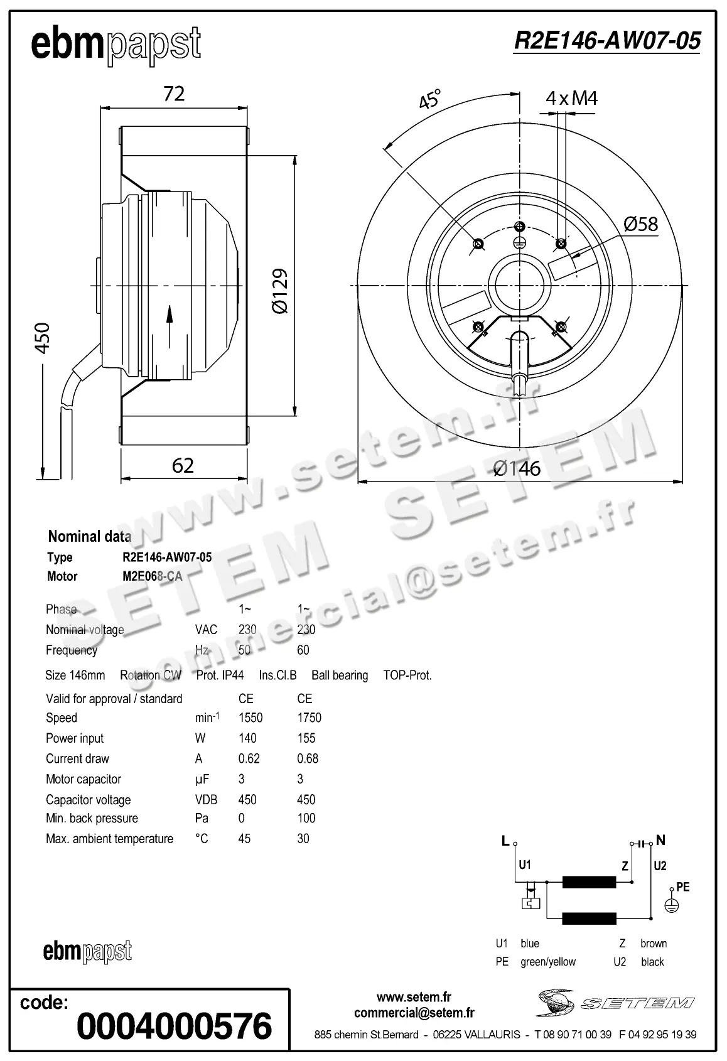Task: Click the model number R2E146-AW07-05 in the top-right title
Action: point(606,41)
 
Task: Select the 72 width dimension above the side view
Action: point(174,94)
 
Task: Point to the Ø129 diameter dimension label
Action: point(280,291)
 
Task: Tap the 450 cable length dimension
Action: point(42,338)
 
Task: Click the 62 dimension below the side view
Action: point(183,465)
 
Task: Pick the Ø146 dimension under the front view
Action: point(517,468)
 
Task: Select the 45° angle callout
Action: point(431,99)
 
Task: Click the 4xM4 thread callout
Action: point(571,98)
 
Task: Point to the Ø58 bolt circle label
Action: point(640,224)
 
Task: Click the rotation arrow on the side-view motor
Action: point(170,326)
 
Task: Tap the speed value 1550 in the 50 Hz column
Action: point(250,718)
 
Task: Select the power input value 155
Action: point(306,738)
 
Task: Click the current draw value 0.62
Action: point(249,758)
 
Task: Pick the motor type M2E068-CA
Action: point(153,576)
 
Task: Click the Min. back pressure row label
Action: point(92,818)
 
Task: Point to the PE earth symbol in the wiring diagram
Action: point(672,905)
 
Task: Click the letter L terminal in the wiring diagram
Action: point(505,841)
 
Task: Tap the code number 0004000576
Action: point(174,1026)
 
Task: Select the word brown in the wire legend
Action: point(654,943)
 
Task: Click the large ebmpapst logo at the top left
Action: point(116,45)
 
